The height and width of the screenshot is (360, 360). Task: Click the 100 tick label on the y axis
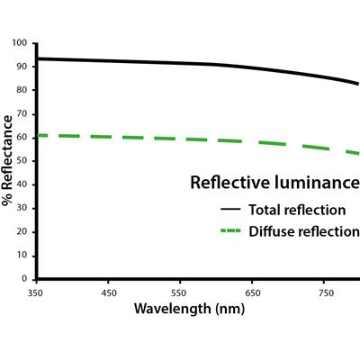pyautogui.click(x=22, y=43)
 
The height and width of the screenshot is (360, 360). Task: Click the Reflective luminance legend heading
pyautogui.click(x=274, y=183)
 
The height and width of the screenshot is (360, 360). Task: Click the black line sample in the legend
pyautogui.click(x=229, y=210)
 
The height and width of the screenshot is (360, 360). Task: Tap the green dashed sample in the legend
pyautogui.click(x=229, y=231)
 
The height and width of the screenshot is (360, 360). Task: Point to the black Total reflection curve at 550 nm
pyautogui.click(x=180, y=62)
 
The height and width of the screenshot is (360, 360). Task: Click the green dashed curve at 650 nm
pyautogui.click(x=252, y=142)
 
